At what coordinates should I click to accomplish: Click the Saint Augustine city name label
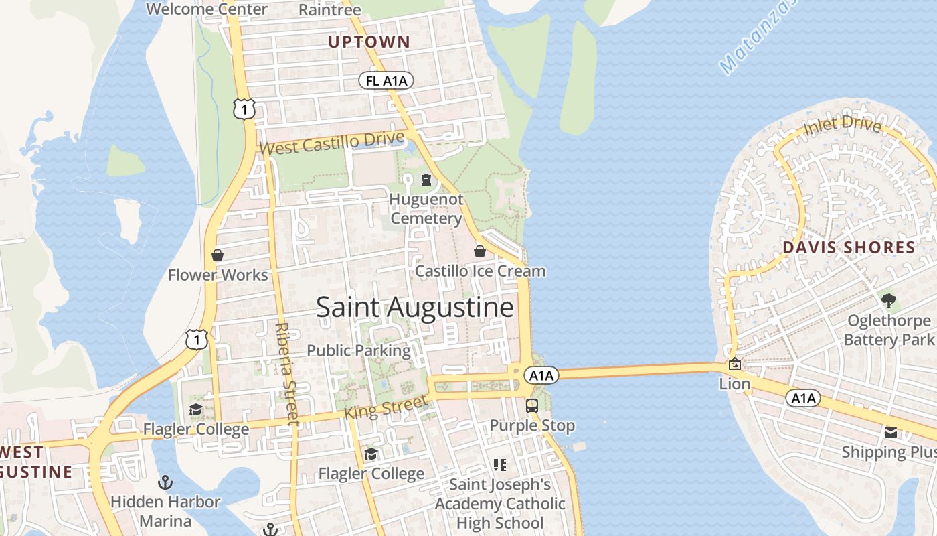pos(414,308)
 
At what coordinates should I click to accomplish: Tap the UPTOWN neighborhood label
pos(369,42)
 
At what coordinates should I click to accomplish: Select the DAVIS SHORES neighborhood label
pos(849,247)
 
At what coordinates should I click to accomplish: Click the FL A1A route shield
pos(386,81)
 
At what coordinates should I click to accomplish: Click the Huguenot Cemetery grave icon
pos(426,180)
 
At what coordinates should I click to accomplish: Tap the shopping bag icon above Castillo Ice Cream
pos(480,251)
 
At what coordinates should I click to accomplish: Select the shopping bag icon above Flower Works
pos(218,255)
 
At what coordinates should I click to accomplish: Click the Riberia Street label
pos(286,373)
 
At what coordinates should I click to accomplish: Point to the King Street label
pos(385,407)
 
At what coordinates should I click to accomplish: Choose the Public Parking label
pos(359,350)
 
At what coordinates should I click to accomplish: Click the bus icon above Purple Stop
pos(532,405)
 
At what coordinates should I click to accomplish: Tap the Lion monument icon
pos(734,364)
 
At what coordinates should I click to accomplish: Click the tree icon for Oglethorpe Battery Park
pos(888,300)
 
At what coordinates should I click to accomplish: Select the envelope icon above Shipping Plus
pos(890,432)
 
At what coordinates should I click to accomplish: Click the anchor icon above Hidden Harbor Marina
pos(165,482)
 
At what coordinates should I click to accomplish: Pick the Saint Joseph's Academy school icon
pos(499,464)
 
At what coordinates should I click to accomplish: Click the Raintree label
pos(329,9)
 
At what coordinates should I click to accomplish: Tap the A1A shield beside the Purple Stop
pos(541,375)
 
